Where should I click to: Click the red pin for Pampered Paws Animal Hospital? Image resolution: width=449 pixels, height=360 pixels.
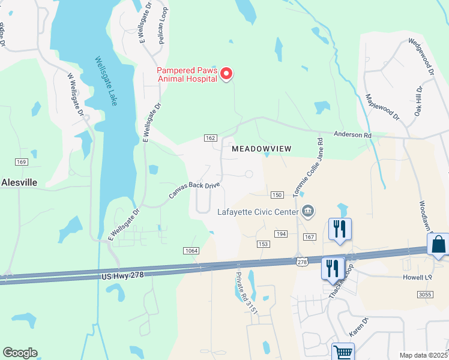pos(226,74)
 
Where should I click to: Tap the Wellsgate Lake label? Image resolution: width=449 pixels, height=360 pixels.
pos(105,81)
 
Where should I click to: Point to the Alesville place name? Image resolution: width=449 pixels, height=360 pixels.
pos(19,182)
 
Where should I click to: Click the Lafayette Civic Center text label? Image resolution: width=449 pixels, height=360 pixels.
pos(258,211)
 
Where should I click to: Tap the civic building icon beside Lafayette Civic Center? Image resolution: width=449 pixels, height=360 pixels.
pos(309,210)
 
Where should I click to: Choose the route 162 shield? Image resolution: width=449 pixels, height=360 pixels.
pos(210,138)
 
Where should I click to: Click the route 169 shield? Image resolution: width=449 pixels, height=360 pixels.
pos(22,162)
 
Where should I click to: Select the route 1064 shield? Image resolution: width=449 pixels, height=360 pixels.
pos(191,250)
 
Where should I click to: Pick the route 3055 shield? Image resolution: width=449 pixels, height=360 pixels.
pos(425,294)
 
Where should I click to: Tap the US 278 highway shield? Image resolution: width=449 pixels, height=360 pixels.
pos(302,262)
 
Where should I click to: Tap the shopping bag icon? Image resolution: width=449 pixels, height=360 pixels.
pos(438,244)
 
